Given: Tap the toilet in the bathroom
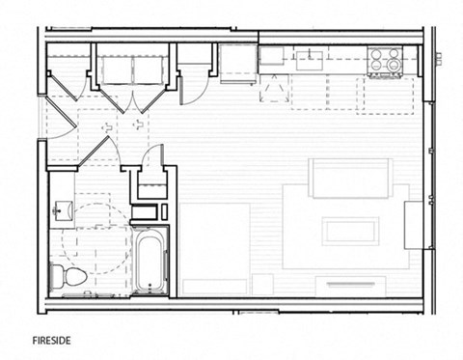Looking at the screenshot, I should click(73, 276).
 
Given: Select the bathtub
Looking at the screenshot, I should click(150, 260).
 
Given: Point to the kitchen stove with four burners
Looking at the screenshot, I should click(386, 62).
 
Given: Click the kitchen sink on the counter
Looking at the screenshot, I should click(311, 62).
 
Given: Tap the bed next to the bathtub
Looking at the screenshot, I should click(215, 248).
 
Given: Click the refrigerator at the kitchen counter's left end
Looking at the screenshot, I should click(237, 63).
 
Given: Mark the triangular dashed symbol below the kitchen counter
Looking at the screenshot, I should click(274, 89).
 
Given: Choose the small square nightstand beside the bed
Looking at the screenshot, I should click(262, 285).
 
